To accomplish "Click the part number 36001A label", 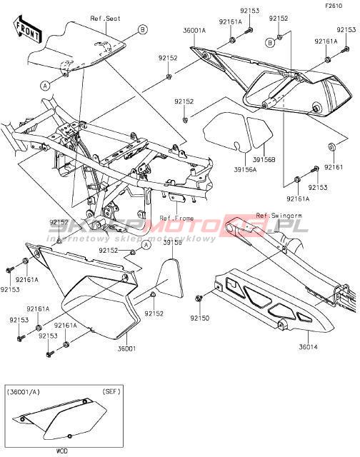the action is click(x=194, y=30).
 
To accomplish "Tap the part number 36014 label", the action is click(x=308, y=347).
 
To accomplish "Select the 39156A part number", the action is click(x=245, y=169).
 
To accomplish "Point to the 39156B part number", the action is click(x=264, y=160).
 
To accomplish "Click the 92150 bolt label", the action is click(x=200, y=318).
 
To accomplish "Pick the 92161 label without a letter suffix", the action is click(x=334, y=167).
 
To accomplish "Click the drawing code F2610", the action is click(x=334, y=6).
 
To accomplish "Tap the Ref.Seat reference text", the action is click(x=105, y=19).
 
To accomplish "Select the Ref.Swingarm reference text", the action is click(x=279, y=216).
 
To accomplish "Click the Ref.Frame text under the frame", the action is click(x=176, y=218).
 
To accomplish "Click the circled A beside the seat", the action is click(x=45, y=86).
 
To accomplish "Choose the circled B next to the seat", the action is click(x=143, y=29).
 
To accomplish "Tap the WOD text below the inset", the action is click(x=62, y=451).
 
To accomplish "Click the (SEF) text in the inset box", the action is click(x=111, y=391).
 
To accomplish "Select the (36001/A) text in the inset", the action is click(x=23, y=391).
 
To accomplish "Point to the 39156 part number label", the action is click(x=173, y=243).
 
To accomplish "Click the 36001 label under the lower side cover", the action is click(x=126, y=348).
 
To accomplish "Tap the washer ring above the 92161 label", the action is click(x=331, y=146).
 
